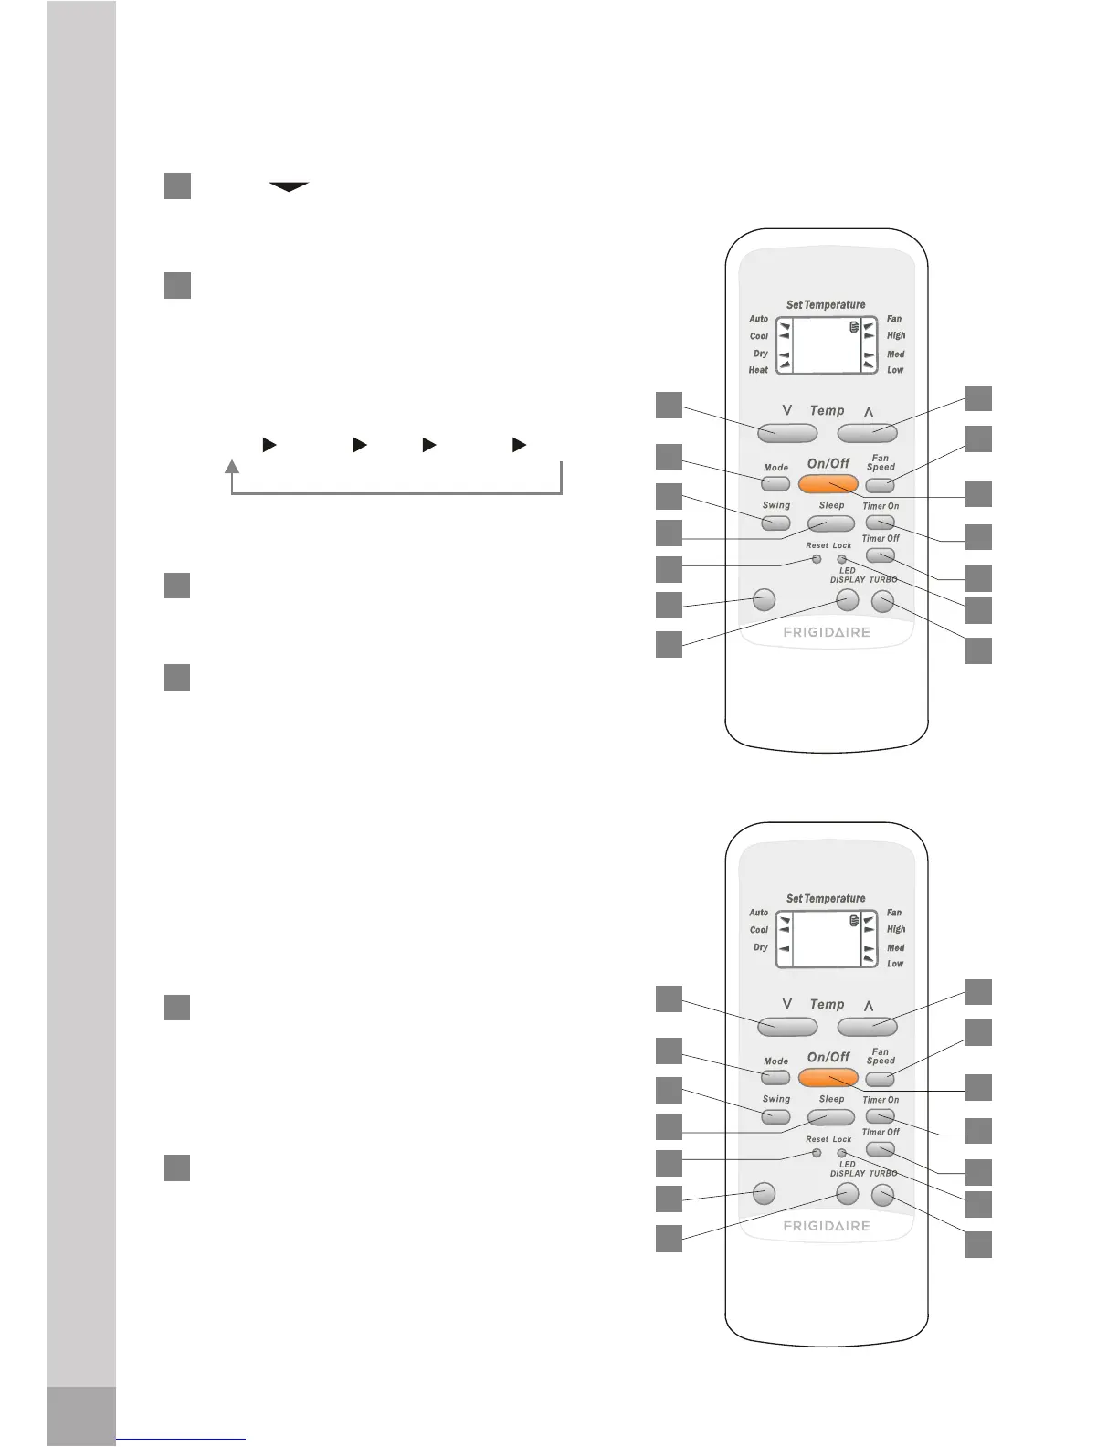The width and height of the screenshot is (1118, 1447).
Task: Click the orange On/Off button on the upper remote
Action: click(828, 484)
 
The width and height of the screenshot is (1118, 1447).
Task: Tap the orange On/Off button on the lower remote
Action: click(828, 1078)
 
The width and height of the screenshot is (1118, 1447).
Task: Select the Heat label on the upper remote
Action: click(758, 370)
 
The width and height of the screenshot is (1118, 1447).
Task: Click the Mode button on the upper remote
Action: click(775, 482)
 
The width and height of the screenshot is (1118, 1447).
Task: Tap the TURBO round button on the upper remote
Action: click(882, 601)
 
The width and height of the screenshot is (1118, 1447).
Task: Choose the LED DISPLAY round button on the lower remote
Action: click(848, 1193)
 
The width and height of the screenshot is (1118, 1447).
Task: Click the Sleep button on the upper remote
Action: click(830, 523)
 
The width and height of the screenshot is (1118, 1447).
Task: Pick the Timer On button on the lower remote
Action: click(880, 1115)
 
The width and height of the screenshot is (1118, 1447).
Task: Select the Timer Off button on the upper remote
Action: click(880, 555)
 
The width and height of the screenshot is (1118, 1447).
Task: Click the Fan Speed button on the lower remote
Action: click(880, 1079)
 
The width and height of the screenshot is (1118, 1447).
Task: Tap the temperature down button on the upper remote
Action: click(786, 431)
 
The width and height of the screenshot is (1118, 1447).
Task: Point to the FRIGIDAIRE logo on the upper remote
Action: click(827, 632)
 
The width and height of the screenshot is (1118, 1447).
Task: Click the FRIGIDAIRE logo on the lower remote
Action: click(827, 1226)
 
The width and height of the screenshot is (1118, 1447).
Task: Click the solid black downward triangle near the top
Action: click(288, 187)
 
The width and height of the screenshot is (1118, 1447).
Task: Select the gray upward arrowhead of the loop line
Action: click(233, 468)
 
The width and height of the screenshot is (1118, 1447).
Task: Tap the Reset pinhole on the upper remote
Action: click(817, 558)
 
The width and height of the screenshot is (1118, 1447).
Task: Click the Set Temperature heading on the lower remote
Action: click(826, 898)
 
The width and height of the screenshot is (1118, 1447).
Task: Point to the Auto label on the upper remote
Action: click(758, 319)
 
